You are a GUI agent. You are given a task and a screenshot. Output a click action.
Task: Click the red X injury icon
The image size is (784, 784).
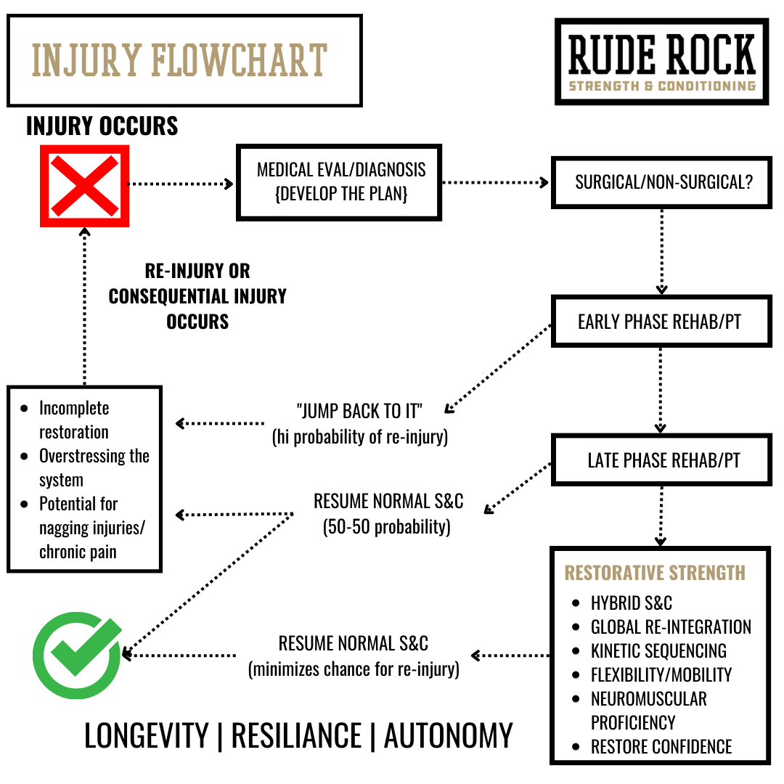tap(84, 186)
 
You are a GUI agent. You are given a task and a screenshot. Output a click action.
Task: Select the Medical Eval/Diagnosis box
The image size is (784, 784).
tap(339, 181)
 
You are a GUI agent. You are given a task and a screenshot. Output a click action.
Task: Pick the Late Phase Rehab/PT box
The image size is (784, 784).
tap(663, 460)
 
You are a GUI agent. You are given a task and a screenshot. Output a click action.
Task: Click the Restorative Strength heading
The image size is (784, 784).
tap(655, 573)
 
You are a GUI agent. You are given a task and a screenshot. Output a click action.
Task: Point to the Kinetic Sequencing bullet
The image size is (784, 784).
tap(658, 650)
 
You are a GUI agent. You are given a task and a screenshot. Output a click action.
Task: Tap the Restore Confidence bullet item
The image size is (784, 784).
tap(661, 746)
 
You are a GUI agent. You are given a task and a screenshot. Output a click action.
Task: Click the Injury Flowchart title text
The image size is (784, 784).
tap(180, 61)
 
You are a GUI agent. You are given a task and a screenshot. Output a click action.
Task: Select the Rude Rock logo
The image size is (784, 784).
tap(661, 62)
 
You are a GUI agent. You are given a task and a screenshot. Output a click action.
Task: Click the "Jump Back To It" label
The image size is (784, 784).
tap(359, 412)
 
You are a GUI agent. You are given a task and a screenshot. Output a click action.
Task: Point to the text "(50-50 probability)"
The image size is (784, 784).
tap(387, 526)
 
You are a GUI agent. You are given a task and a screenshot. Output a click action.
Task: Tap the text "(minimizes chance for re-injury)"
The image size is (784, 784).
tap(354, 668)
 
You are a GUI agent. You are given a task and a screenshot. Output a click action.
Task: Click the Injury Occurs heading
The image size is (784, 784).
tap(102, 126)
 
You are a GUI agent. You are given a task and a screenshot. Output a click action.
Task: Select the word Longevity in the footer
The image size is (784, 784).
tap(146, 735)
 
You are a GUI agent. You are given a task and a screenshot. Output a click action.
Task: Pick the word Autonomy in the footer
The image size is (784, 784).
tap(448, 735)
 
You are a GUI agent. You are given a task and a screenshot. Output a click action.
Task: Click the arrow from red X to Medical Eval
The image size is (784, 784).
tap(181, 184)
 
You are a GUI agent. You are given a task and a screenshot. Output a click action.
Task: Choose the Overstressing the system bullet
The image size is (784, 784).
tap(94, 467)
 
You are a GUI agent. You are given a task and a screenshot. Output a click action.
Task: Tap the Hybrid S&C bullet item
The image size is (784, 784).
tap(631, 603)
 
